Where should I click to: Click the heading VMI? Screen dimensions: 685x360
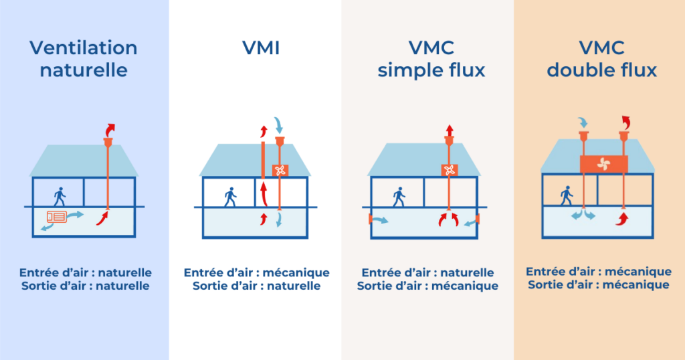pos(261,48)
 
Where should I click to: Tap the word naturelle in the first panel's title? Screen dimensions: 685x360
pos(84,70)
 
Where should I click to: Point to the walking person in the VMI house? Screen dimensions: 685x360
pos(230,197)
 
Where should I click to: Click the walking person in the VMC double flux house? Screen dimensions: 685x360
pos(566,195)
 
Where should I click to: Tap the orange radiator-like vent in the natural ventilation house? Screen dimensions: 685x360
pos(57,217)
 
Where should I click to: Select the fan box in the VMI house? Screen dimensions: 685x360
pos(280,170)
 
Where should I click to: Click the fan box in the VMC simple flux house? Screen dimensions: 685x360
pos(449,170)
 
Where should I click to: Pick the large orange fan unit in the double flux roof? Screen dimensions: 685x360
pos(604,164)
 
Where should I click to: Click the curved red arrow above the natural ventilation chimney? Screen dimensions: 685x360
pos(110,130)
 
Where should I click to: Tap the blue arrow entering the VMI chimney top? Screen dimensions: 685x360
pos(278,125)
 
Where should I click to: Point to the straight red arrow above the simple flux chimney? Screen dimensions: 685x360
pos(449,130)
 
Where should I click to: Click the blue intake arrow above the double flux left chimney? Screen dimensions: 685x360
pos(583,122)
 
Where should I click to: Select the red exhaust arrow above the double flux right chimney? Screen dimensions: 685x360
pos(626,122)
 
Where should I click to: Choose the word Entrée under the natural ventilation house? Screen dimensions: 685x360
pos(39,273)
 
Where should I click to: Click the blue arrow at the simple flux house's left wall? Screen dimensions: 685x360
pos(380,219)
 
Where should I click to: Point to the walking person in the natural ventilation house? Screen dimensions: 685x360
pos(60,197)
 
